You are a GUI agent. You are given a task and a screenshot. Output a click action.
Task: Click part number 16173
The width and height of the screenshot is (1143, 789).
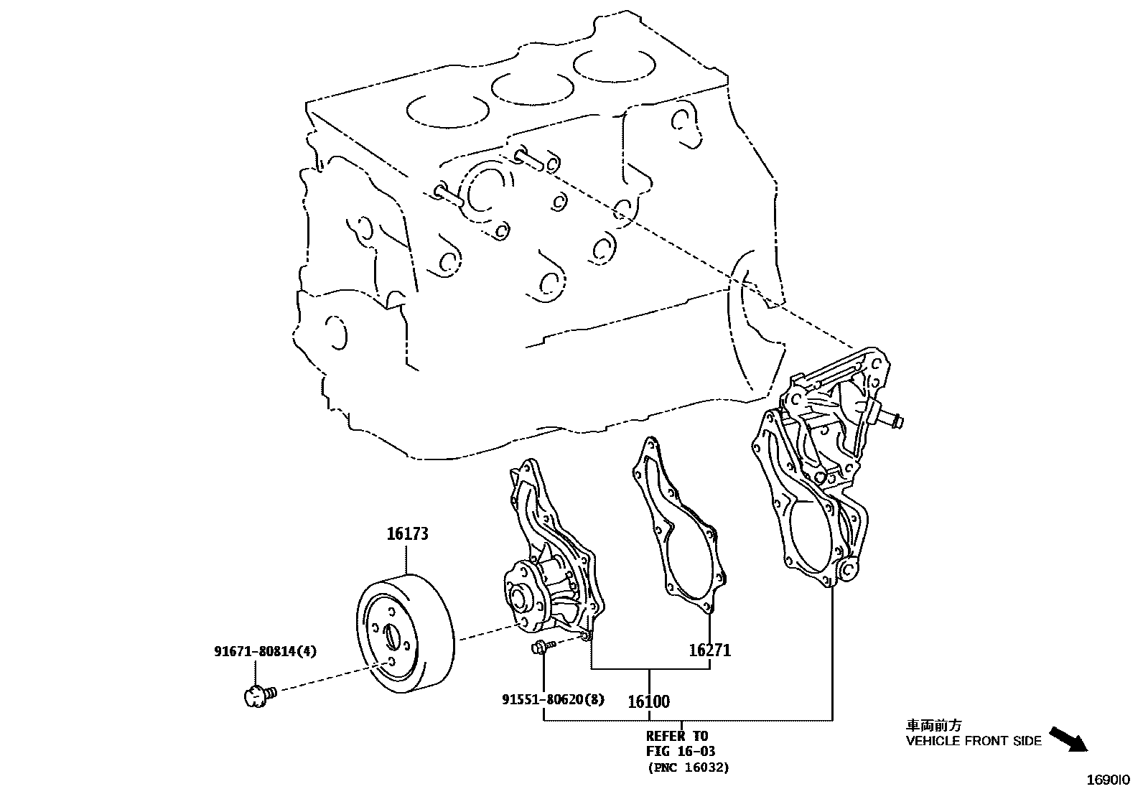click(x=407, y=534)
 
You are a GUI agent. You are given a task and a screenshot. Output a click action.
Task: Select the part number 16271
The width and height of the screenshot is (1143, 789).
click(x=709, y=650)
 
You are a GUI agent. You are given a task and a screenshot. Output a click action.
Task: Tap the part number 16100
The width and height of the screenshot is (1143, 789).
click(x=648, y=701)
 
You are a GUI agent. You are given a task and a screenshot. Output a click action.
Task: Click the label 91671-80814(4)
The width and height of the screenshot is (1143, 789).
click(x=265, y=652)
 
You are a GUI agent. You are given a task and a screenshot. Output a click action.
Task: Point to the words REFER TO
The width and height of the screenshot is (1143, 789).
click(x=676, y=736)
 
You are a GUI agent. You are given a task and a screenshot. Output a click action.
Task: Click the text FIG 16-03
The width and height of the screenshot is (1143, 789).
click(x=680, y=752)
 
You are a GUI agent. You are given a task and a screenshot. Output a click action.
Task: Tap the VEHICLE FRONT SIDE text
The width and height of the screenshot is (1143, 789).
click(x=973, y=742)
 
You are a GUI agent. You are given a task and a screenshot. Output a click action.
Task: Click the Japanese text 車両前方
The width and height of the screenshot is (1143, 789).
click(x=933, y=726)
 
